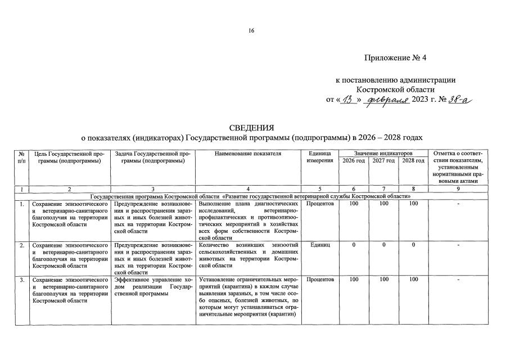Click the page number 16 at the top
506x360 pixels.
coord(252,30)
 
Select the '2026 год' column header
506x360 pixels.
coord(353,161)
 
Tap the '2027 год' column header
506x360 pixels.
coord(383,161)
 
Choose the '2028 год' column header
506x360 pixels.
coord(413,161)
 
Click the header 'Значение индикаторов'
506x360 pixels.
coord(383,152)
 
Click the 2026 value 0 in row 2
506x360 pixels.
coord(354,245)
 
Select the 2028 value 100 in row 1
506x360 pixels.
coord(413,204)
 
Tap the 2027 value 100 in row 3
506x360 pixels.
coord(383,279)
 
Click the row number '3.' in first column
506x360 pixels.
coord(22,279)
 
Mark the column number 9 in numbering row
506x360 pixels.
coord(458,190)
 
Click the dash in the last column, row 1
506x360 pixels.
coord(458,204)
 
